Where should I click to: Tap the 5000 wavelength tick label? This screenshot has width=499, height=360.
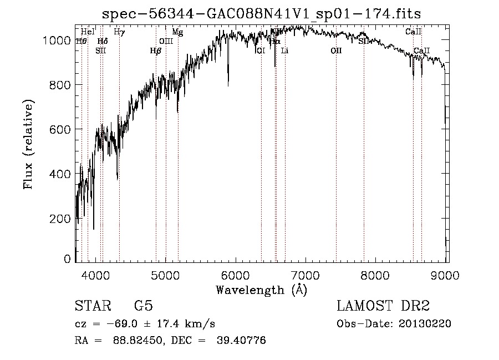point(165,275)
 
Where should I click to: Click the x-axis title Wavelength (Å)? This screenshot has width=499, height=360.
point(261,290)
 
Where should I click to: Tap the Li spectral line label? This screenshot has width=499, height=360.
point(284,51)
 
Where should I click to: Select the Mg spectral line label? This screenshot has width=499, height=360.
point(177,32)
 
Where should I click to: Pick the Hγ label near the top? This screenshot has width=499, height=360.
point(119,32)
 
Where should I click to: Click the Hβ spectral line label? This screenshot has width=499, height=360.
point(155,51)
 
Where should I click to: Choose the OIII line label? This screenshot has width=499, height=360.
point(166,41)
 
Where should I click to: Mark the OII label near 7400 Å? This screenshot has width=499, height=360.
point(336,51)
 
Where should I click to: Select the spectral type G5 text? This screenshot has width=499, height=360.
point(144,306)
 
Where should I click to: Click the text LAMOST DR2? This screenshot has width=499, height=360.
point(383,306)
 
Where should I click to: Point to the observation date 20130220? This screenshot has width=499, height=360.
point(424,324)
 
